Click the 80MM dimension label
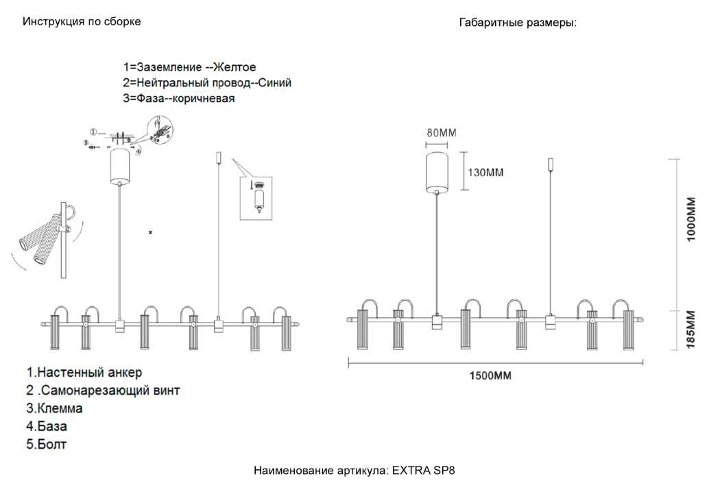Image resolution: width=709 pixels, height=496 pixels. tap(441, 133)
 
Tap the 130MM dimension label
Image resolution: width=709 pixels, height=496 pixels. tap(485, 172)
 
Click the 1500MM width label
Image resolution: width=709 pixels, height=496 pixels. tap(490, 375)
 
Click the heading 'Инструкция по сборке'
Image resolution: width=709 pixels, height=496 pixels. tap(82, 21)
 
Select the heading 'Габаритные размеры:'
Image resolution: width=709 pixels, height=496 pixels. tap(518, 23)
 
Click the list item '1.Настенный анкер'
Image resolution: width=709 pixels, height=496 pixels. tap(84, 373)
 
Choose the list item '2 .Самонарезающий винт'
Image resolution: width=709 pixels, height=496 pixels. tap(103, 390)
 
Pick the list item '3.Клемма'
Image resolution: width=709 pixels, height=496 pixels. tap(54, 408)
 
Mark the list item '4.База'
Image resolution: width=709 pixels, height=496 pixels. tap(47, 426)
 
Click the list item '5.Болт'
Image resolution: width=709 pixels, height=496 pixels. tap(47, 444)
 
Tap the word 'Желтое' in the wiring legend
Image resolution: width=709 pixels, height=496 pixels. tap(235, 67)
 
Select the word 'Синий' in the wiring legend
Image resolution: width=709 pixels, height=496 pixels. tap(275, 83)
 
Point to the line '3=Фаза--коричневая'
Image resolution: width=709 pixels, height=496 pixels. tap(179, 99)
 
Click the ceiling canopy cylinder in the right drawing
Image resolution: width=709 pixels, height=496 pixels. tap(437, 171)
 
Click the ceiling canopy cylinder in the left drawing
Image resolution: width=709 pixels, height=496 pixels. tap(120, 165)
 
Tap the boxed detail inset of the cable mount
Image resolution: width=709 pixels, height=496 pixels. tap(256, 198)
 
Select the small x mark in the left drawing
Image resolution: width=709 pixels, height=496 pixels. tap(151, 233)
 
